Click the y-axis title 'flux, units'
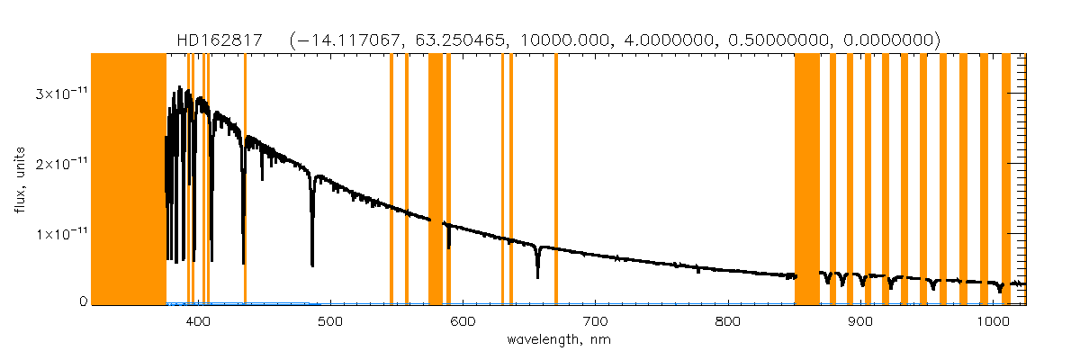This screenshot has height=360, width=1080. coord(19,178)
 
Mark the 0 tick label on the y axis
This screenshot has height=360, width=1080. coord(84,302)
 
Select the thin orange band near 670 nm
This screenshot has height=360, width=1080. coord(556,180)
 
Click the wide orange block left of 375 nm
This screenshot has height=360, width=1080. coord(129,180)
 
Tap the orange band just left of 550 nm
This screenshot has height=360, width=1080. coord(391,180)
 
